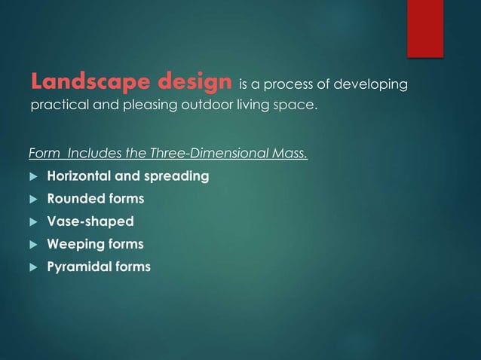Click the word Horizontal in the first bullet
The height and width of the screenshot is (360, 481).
[79, 177]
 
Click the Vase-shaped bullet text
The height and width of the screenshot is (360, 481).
[90, 221]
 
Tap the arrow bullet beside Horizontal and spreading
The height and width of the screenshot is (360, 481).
[32, 178]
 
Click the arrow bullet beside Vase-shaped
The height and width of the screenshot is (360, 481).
[32, 222]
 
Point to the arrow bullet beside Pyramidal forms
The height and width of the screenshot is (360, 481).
[32, 267]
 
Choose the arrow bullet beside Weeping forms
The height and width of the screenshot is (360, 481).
[32, 245]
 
